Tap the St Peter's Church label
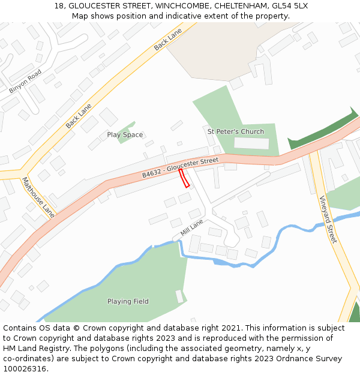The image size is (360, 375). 235,131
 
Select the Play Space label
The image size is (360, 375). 125,135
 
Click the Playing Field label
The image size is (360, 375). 128,301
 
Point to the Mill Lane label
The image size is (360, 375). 192,227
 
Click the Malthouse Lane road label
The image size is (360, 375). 38,197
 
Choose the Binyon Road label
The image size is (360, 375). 25,81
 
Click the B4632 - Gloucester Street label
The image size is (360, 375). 180,167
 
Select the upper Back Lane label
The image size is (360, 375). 167,39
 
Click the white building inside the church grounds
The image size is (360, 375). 251,143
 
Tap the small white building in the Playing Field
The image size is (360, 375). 179,296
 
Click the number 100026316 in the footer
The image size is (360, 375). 25,369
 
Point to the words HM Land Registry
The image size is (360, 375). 34,348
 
